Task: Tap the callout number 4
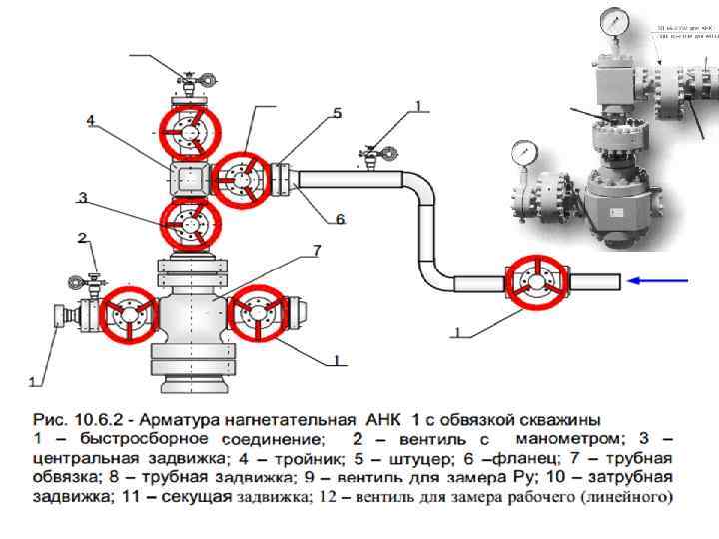click(x=90, y=121)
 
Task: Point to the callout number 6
click(x=340, y=219)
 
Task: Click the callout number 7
click(x=316, y=248)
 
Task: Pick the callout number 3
click(x=85, y=198)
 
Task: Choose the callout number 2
click(x=83, y=238)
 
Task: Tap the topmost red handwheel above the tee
click(x=190, y=134)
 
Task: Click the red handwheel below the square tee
click(x=190, y=225)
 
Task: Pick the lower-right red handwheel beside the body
click(x=257, y=312)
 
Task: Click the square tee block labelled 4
click(x=190, y=180)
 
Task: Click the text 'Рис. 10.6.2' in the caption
click(x=70, y=418)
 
